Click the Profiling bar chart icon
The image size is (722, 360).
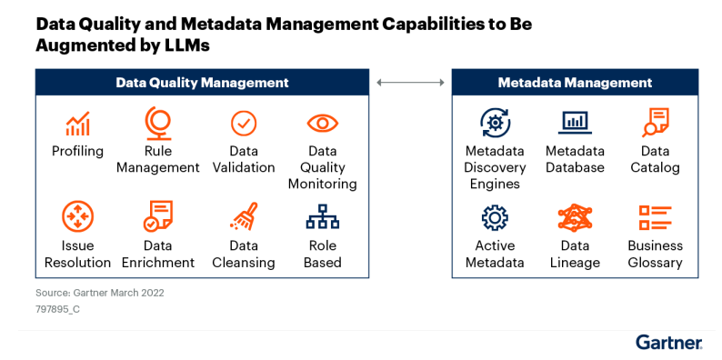point(77,124)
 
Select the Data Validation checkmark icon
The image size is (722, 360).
point(243,123)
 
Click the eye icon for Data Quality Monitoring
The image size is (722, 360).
point(322,123)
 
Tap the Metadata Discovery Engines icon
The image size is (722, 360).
point(495,122)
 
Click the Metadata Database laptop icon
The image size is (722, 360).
point(575,122)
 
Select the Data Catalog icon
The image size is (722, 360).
point(655,122)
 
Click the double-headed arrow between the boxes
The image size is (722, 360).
point(410,83)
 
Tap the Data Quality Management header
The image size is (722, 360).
point(202,83)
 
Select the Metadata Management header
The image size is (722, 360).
point(575,83)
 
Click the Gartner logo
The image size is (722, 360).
point(668,343)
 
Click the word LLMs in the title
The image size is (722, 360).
point(186,45)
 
